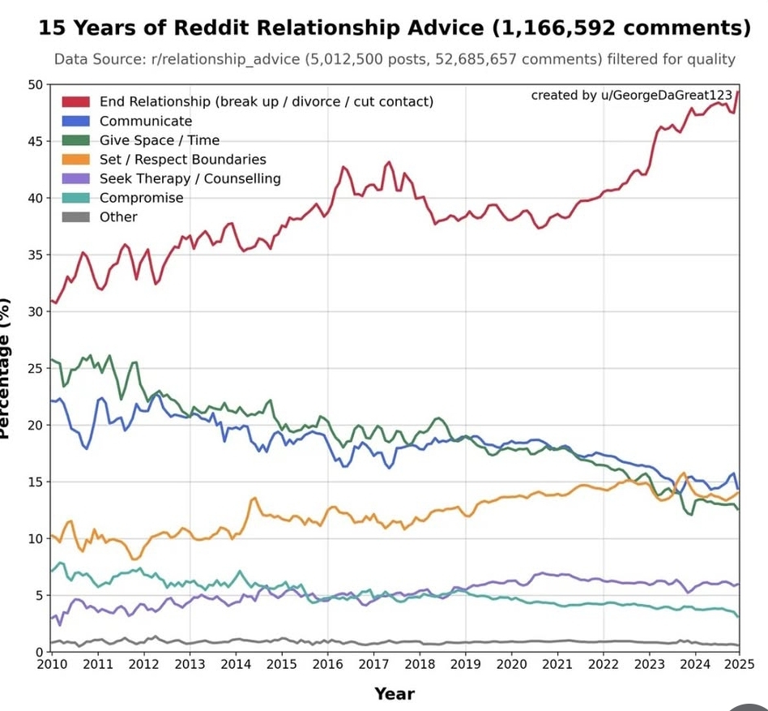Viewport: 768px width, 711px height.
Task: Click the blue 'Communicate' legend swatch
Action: [x=76, y=121]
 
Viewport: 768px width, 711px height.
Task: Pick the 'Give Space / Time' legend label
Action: [x=159, y=140]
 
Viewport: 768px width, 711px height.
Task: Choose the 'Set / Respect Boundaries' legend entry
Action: [x=182, y=160]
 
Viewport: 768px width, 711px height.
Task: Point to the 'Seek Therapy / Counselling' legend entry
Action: [x=190, y=178]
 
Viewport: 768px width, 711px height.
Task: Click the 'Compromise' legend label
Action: [x=141, y=198]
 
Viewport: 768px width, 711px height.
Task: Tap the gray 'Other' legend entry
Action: [x=117, y=217]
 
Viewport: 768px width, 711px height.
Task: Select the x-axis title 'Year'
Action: [x=395, y=694]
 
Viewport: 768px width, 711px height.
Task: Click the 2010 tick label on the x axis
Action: [x=51, y=665]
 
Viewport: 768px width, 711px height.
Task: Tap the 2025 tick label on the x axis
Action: [x=737, y=665]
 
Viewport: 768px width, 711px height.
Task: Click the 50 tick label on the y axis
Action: [x=35, y=85]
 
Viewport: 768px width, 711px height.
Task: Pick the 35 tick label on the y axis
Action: [x=35, y=255]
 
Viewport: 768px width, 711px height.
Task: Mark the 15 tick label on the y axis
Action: [x=35, y=482]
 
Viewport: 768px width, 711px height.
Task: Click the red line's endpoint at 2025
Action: [x=738, y=92]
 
